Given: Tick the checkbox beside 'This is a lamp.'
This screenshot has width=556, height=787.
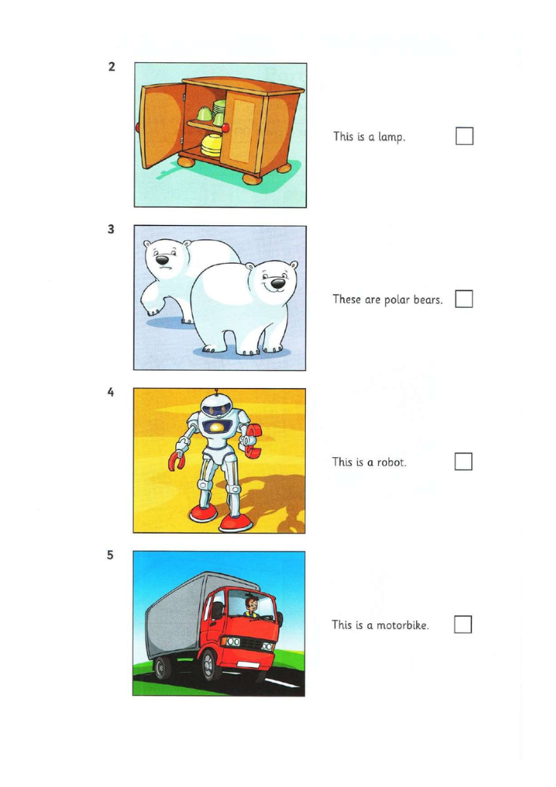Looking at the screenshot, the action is pos(464,136).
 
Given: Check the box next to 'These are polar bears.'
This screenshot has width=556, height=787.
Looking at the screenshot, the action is pos(464,298).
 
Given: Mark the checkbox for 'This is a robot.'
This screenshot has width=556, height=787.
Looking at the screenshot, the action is pos(463,461).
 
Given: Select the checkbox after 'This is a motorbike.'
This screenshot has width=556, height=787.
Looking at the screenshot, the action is pos(462,624).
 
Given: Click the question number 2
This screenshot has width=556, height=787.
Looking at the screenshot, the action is pos(112,66).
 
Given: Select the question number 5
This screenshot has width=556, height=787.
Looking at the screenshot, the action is pos(110,555).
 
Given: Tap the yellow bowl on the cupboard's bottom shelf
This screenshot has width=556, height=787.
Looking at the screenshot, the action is pos(211,145).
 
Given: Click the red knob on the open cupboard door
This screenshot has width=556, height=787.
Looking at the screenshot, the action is pos(138,127).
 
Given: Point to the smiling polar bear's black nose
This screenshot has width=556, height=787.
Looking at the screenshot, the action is pos(278,284).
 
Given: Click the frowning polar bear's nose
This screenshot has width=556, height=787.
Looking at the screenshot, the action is pos(161,260).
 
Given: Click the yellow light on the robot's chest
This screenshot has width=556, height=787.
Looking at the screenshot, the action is pos(217,427).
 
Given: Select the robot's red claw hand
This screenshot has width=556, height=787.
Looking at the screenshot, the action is pos(175,460).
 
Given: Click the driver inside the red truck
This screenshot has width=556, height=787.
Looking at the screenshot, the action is pos(251,606).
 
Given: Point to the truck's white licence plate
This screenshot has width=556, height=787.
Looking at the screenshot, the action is pos(248,665).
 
